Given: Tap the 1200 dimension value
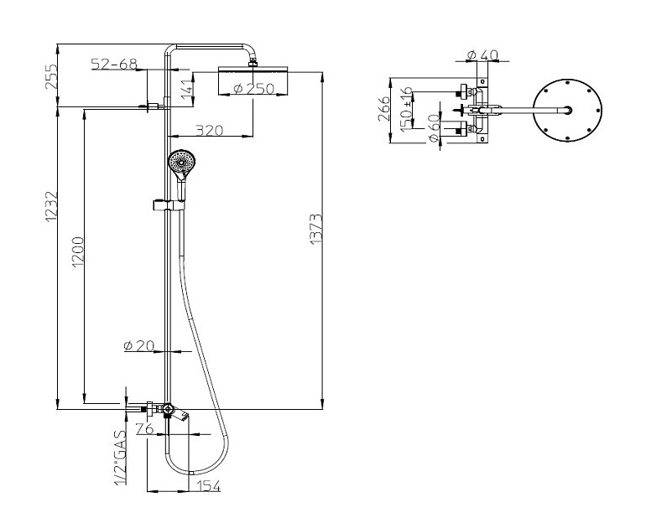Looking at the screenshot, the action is pyautogui.click(x=78, y=251).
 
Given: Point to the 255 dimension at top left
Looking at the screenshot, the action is pyautogui.click(x=51, y=76).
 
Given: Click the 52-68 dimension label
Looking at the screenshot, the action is pyautogui.click(x=114, y=65).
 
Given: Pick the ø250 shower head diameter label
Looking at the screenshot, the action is pyautogui.click(x=253, y=89).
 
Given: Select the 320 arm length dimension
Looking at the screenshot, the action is pyautogui.click(x=209, y=130).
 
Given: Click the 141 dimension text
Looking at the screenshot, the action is pyautogui.click(x=186, y=89).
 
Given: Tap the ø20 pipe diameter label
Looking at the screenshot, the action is pyautogui.click(x=138, y=345).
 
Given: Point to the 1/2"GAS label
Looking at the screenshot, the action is pyautogui.click(x=120, y=458).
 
